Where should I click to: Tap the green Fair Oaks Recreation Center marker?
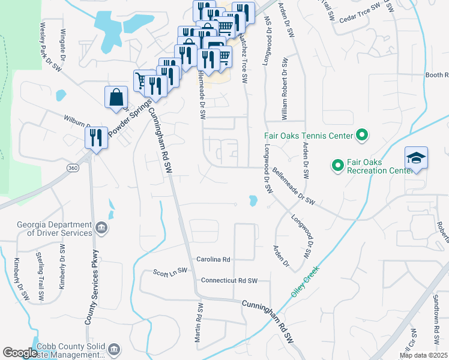click(337, 164)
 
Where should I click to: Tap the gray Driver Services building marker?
click(101, 228)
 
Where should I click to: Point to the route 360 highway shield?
click(73, 166)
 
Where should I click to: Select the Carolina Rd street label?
click(213, 260)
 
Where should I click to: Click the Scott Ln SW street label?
click(170, 271)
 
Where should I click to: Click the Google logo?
click(19, 353)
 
